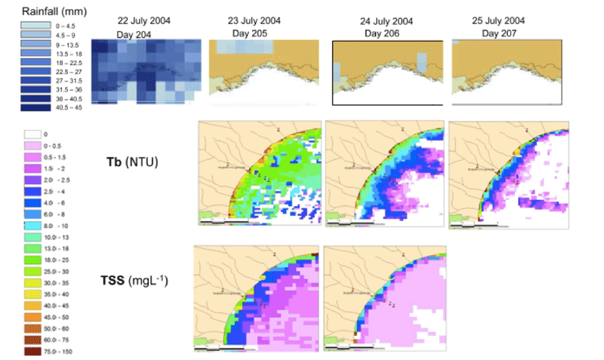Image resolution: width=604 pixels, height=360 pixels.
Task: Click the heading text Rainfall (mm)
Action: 46,11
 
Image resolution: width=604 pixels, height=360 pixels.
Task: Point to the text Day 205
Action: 249,34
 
